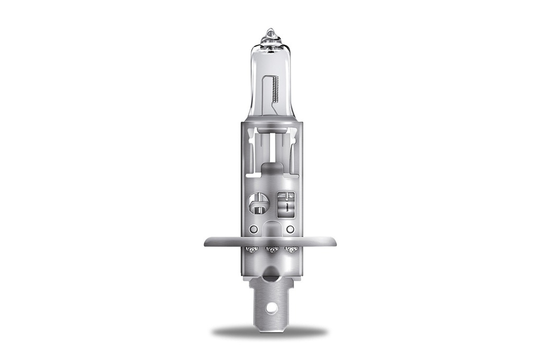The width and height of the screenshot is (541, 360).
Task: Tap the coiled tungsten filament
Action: point(275,89)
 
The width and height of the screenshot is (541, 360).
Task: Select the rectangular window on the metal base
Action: point(286,203)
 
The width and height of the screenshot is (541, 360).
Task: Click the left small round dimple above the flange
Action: point(254,230)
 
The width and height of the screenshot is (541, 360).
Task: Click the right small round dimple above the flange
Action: point(290,230)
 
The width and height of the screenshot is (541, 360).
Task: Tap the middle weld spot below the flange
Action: point(271,249)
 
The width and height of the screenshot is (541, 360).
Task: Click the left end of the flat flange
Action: point(207,242)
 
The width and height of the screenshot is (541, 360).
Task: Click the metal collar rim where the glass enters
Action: point(270,125)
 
